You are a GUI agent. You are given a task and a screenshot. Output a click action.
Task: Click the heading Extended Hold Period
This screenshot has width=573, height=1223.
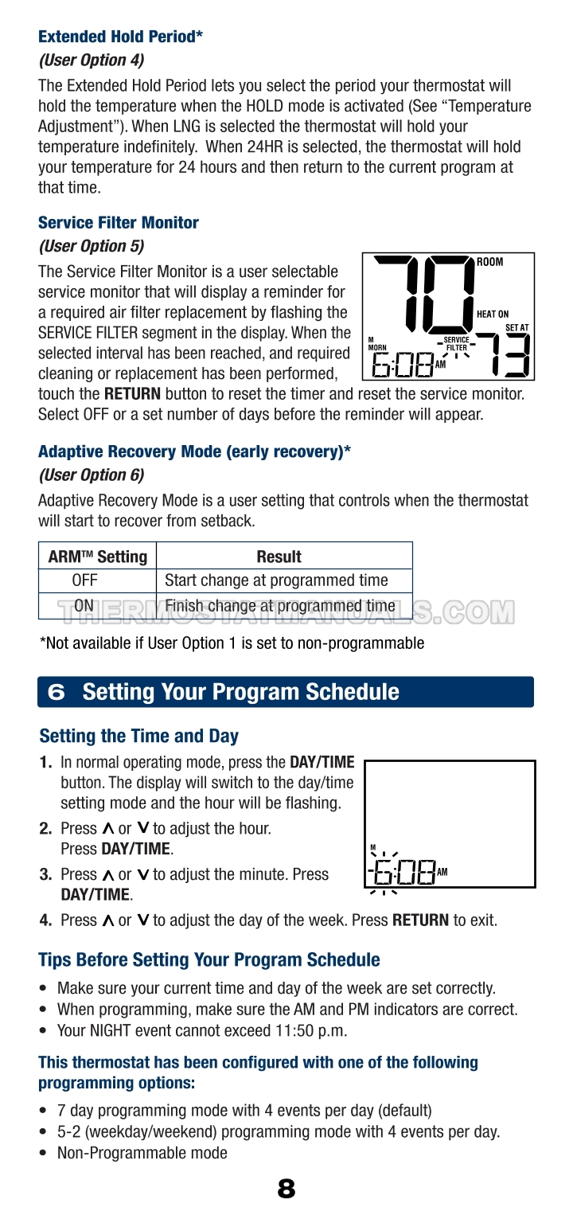coord(120,37)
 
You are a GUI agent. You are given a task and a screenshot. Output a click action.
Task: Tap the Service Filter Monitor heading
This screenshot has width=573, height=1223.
coord(119,223)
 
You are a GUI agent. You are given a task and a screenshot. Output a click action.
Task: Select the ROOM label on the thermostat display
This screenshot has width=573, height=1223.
coord(490,263)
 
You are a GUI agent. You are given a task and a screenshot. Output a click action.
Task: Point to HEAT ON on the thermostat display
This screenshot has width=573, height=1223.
coord(493,315)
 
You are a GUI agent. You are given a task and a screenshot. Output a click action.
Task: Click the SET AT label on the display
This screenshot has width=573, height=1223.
coord(516,327)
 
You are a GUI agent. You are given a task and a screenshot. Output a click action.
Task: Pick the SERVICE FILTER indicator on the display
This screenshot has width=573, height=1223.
coord(457,344)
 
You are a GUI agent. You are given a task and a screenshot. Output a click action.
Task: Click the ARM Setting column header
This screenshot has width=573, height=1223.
coord(98,557)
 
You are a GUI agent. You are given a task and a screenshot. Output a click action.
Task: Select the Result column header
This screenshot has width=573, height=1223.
coord(279,557)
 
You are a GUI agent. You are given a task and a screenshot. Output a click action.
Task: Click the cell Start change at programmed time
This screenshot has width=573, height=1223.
coord(276,580)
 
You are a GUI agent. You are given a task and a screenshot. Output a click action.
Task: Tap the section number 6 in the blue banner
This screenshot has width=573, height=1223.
coord(57,692)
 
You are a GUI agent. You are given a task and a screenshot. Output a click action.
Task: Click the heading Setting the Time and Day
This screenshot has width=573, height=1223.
coord(138,737)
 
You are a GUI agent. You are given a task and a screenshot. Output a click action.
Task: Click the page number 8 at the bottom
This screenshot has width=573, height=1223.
coord(286,1189)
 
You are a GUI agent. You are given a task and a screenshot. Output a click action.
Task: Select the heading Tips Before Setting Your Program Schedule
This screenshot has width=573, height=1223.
coord(209,959)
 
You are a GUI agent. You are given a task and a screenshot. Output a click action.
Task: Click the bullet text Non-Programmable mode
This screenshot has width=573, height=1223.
coord(142,1153)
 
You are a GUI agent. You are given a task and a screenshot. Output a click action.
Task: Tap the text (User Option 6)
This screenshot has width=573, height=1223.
coord(92,475)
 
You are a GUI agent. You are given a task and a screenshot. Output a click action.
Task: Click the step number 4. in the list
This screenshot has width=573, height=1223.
coord(45,920)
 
